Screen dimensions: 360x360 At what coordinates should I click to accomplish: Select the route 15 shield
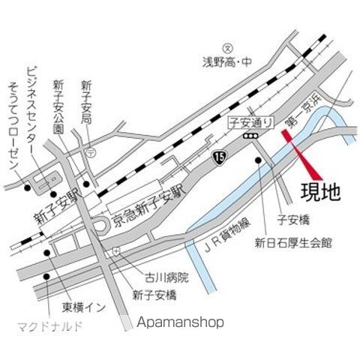tap(218, 157)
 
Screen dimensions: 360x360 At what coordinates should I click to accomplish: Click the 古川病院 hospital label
tap(168, 277)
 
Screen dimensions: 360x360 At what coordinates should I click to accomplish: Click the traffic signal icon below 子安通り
tap(250, 136)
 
